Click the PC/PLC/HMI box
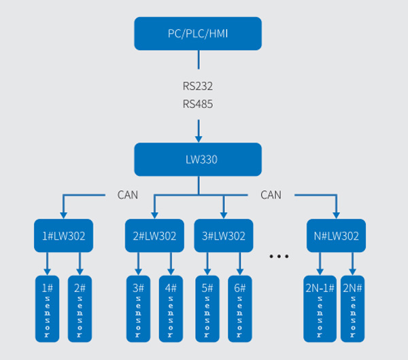[198, 33]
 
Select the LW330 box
[198, 159]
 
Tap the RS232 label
[198, 86]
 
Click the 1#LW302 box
[64, 236]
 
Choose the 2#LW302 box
[154, 236]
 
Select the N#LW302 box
[336, 236]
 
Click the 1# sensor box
[48, 307]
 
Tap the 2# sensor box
[80, 307]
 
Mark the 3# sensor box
[139, 307]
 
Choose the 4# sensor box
[171, 307]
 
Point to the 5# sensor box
[207, 307]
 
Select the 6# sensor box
[240, 307]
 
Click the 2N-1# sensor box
[320, 307]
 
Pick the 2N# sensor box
[353, 307]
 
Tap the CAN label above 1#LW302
[127, 195]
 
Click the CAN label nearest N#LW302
[271, 195]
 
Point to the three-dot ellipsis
[279, 257]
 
